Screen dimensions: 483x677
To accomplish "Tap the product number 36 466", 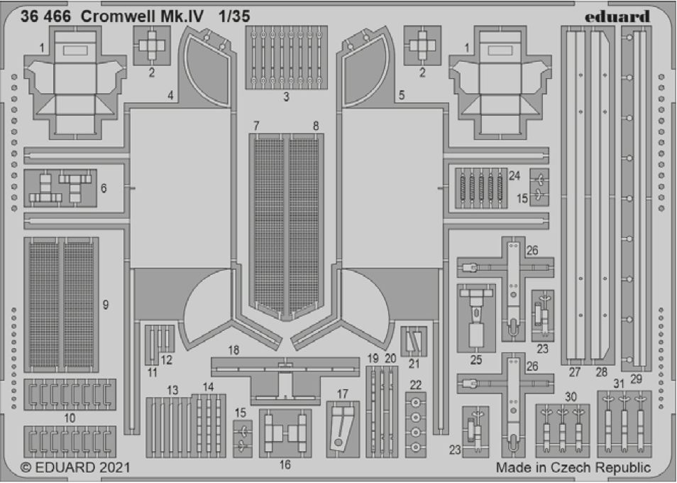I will pyautogui.click(x=46, y=17).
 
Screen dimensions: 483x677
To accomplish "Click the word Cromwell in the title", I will pyautogui.click(x=120, y=17).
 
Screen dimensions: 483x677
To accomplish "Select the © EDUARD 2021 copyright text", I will pyautogui.click(x=76, y=468).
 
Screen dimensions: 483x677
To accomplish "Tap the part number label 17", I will pyautogui.click(x=343, y=394).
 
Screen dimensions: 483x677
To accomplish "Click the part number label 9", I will pyautogui.click(x=105, y=305).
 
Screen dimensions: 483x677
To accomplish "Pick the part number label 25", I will pyautogui.click(x=476, y=360).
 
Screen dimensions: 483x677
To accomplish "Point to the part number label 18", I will pyautogui.click(x=233, y=351).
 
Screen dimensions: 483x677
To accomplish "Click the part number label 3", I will pyautogui.click(x=286, y=97).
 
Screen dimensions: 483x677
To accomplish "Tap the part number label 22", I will pyautogui.click(x=416, y=384).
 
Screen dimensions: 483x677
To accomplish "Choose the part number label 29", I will pyautogui.click(x=636, y=379).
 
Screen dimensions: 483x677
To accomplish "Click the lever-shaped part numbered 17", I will pyautogui.click(x=343, y=429).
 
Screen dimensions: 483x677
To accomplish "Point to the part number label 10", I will pyautogui.click(x=69, y=419).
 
